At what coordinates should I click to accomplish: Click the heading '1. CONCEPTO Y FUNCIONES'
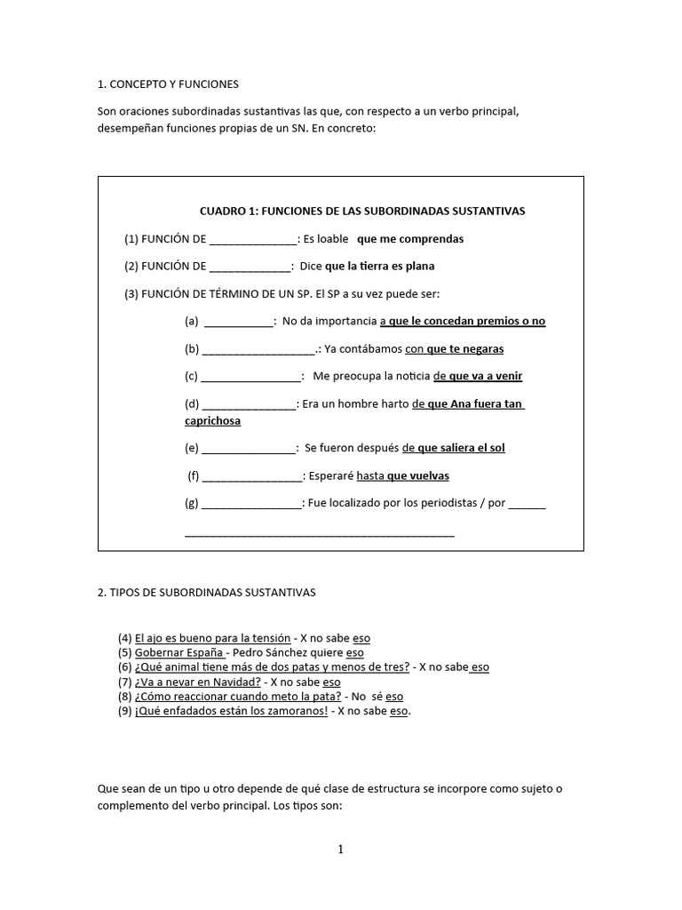pos(168,84)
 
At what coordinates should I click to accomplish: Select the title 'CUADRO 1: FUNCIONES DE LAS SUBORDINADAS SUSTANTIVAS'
pos(362,211)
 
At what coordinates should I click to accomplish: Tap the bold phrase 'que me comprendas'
pos(409,239)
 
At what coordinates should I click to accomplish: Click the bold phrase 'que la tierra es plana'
pos(380,266)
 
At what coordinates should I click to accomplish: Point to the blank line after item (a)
pos(239,322)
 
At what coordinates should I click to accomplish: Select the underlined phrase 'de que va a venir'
pos(478,376)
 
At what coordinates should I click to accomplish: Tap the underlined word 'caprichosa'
pos(212,420)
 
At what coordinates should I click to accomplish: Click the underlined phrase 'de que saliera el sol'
pos(453,448)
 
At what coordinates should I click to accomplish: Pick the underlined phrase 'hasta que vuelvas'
pos(402,475)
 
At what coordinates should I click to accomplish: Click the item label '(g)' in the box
pos(192,503)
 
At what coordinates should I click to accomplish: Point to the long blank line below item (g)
pos(319,534)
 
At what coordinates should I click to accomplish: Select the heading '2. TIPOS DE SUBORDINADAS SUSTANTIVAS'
pos(206,591)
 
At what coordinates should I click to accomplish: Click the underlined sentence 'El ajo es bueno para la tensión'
pos(212,638)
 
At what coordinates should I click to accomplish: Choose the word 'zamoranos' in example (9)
pos(296,711)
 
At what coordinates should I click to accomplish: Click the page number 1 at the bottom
pos(340,850)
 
